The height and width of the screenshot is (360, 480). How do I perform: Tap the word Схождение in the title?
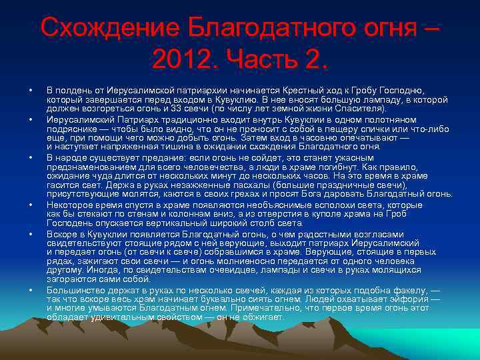(109, 28)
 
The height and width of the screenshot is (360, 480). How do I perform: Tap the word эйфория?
(411, 300)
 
